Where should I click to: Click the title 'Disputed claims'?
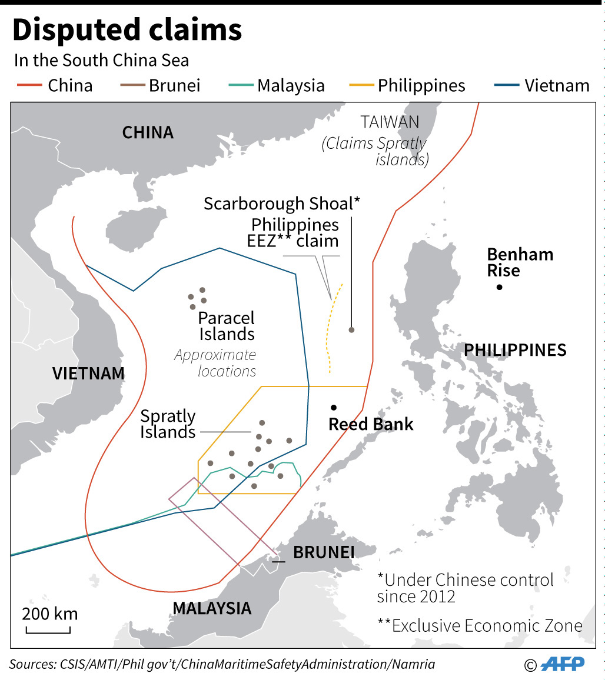tap(127, 31)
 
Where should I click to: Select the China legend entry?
tap(54, 86)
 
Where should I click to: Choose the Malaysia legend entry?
tap(277, 86)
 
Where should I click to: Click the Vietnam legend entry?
tap(541, 86)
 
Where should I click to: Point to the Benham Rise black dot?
tap(499, 287)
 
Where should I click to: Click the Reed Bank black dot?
tap(334, 407)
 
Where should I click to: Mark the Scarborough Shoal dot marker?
tap(351, 330)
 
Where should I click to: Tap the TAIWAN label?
tap(390, 122)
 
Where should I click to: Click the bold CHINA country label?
tap(148, 133)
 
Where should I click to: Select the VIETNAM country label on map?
tap(88, 374)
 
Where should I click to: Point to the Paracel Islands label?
tap(226, 326)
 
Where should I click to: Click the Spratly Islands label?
tap(168, 424)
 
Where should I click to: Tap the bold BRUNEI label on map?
tap(324, 553)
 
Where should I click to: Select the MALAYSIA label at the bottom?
tap(212, 608)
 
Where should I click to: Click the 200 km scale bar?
tap(48, 631)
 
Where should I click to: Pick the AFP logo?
tap(562, 664)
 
